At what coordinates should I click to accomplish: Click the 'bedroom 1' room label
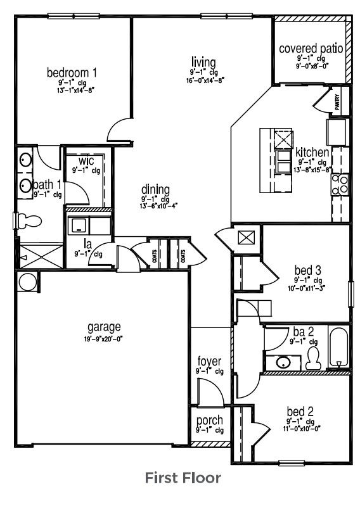[72, 72]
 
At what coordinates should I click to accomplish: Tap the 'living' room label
[203, 62]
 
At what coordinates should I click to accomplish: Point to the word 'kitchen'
[312, 153]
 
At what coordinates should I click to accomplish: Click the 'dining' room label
[155, 189]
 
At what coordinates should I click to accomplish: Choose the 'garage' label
[104, 327]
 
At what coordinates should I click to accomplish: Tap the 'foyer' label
[209, 362]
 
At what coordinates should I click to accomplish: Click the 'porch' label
[209, 421]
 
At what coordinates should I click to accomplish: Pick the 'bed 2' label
[300, 410]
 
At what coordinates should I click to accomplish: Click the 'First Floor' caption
[183, 477]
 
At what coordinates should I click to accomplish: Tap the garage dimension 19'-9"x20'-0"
[104, 339]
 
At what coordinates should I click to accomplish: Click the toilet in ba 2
[312, 360]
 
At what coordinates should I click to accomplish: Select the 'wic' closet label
[86, 160]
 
